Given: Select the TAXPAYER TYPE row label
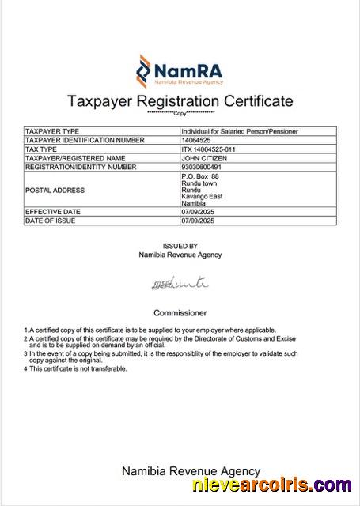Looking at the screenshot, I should (x=53, y=130).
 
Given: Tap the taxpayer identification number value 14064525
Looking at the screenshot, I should (x=196, y=140).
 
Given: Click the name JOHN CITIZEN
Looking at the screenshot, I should (x=204, y=158).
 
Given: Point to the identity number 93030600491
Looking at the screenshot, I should (x=203, y=167).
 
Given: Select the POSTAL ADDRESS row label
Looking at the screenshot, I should (x=55, y=191).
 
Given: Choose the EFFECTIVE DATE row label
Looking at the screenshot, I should (x=53, y=212).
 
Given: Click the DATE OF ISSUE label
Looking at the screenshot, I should (x=52, y=221).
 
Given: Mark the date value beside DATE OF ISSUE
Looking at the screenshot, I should (x=199, y=221).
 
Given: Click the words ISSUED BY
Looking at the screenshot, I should (x=180, y=246).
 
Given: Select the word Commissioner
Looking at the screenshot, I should (x=180, y=312).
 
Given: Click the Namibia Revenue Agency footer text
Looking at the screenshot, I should (x=190, y=470).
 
